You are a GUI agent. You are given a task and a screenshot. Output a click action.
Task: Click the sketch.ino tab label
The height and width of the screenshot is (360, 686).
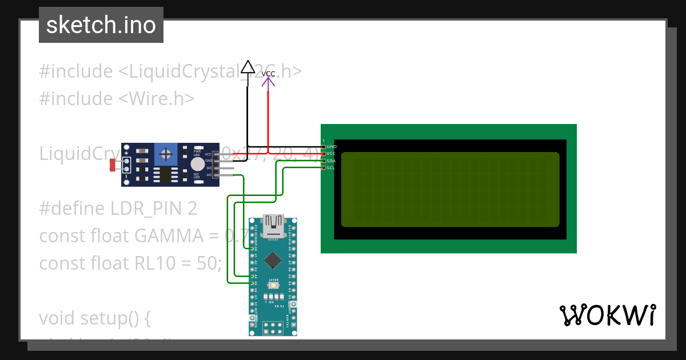pos(101,25)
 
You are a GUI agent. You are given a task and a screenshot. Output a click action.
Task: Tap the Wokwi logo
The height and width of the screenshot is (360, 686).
pos(608,315)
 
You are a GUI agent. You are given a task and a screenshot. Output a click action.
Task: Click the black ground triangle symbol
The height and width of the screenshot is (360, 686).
pos(248,67)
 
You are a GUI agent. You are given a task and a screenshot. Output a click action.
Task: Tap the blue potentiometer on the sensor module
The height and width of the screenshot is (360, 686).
pos(166,154)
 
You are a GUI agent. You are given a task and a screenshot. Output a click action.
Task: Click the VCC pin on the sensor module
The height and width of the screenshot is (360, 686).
pos(216,154)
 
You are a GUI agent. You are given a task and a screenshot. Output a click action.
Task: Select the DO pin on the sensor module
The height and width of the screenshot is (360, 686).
pos(216,168)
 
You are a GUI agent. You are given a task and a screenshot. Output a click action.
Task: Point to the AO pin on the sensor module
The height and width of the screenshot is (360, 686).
pos(216,175)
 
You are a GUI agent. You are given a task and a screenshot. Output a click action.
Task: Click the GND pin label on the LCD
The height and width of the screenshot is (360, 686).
pos(331,147)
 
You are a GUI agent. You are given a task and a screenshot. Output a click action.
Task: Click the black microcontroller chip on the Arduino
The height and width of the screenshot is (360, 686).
pos(273,260)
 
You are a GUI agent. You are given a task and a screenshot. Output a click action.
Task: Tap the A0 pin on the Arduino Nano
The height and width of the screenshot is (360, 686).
pos(253,249)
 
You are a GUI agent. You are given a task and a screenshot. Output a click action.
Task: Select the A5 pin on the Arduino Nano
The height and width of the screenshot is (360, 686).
pos(253,283)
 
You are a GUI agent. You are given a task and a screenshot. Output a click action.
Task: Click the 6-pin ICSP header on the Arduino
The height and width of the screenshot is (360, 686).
pos(273,327)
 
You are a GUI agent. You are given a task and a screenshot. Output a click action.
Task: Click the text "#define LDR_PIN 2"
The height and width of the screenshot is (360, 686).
pos(118,209)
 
